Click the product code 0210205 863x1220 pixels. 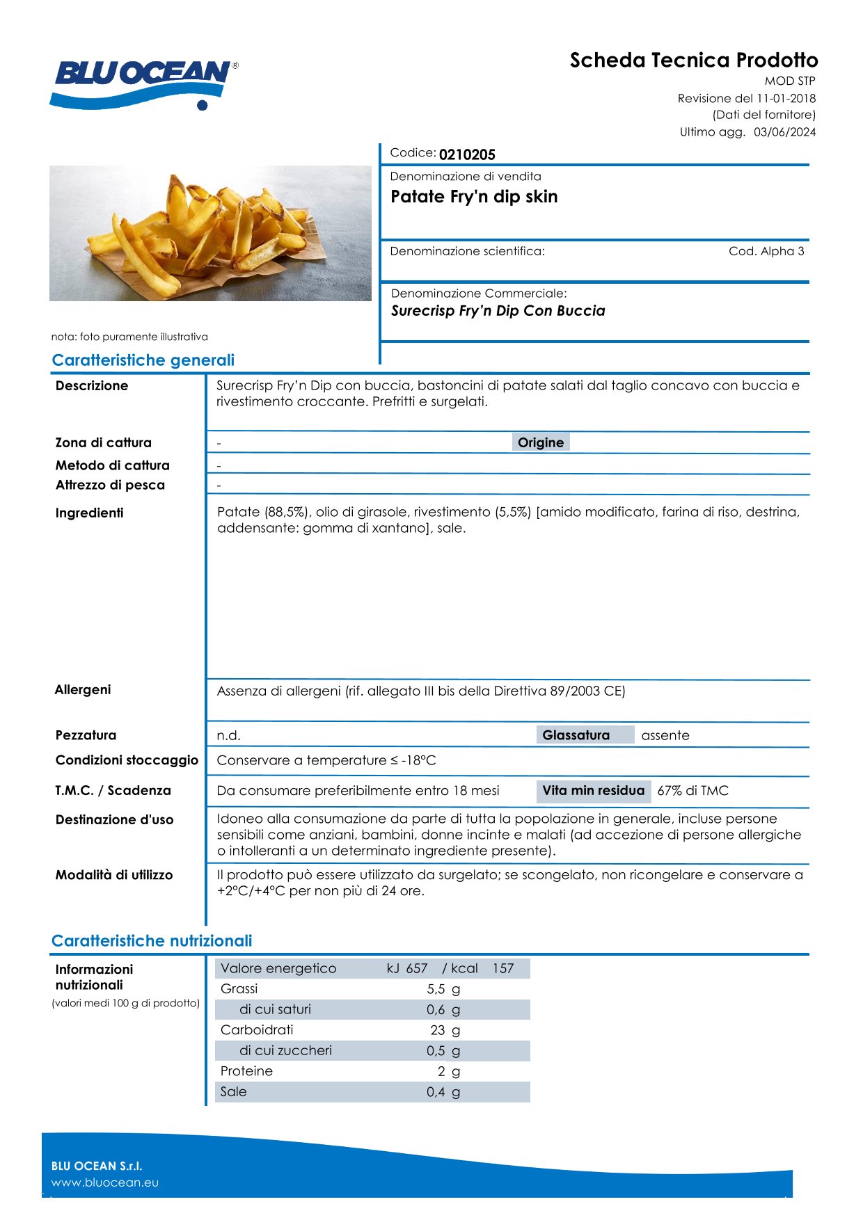pyautogui.click(x=467, y=154)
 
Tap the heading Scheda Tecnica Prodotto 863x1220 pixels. pyautogui.click(x=694, y=61)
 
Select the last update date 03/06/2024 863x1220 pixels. pyautogui.click(x=784, y=132)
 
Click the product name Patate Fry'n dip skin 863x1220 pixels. pyautogui.click(x=474, y=197)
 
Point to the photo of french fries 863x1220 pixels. pyautogui.click(x=210, y=233)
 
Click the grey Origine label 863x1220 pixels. pyautogui.click(x=541, y=442)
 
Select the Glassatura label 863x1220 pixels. pyautogui.click(x=576, y=735)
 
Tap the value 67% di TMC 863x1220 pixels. pyautogui.click(x=692, y=791)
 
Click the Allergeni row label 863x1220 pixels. pyautogui.click(x=83, y=690)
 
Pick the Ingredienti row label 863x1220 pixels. pyautogui.click(x=89, y=513)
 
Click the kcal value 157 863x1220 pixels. pyautogui.click(x=503, y=968)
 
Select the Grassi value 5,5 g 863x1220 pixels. pyautogui.click(x=443, y=989)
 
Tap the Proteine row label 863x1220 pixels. pyautogui.click(x=246, y=1071)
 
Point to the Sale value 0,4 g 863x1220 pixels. pyautogui.click(x=443, y=1092)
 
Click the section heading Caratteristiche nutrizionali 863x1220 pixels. pyautogui.click(x=152, y=941)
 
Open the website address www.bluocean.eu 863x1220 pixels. pyautogui.click(x=105, y=1182)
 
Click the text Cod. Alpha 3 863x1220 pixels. pyautogui.click(x=766, y=251)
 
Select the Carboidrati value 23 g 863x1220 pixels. pyautogui.click(x=445, y=1030)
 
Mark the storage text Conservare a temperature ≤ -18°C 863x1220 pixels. pyautogui.click(x=326, y=760)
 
